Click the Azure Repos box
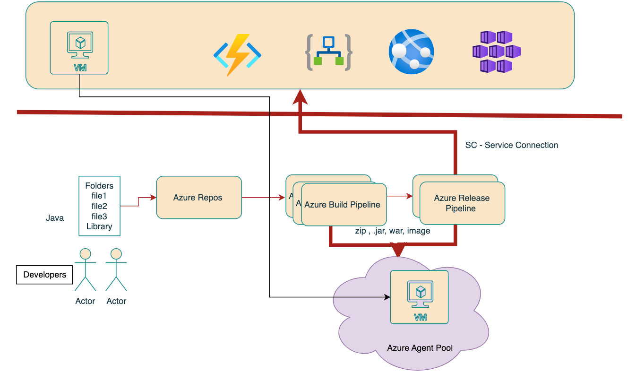[x=198, y=198]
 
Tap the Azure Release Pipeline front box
[x=462, y=203]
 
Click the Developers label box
[x=44, y=275]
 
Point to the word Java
[x=55, y=218]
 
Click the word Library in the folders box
[x=99, y=226]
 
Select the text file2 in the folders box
[x=99, y=206]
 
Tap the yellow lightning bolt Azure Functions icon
[x=237, y=54]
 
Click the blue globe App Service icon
[x=411, y=52]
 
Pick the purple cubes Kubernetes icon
[x=496, y=52]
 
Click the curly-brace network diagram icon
[x=328, y=52]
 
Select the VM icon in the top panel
[x=79, y=48]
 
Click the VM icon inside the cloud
[x=419, y=297]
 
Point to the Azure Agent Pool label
[x=420, y=348]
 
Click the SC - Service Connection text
[x=511, y=145]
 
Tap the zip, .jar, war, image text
[x=392, y=231]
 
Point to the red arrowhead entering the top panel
[x=300, y=98]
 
